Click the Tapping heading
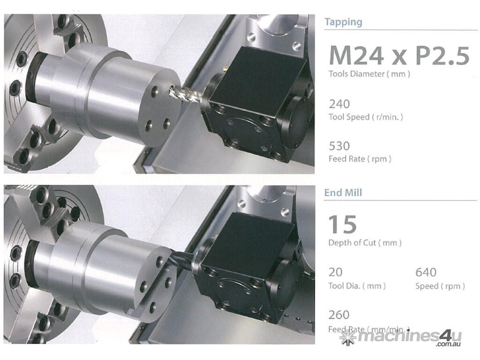[x=343, y=22]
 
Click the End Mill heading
[x=343, y=193]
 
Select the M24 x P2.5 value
[x=399, y=56]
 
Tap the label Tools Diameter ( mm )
[x=369, y=74]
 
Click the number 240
[x=339, y=104]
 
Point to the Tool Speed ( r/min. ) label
[x=366, y=117]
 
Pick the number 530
[x=339, y=146]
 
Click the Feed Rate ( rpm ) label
[x=360, y=159]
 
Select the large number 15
[x=343, y=224]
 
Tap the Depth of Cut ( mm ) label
[x=365, y=243]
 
